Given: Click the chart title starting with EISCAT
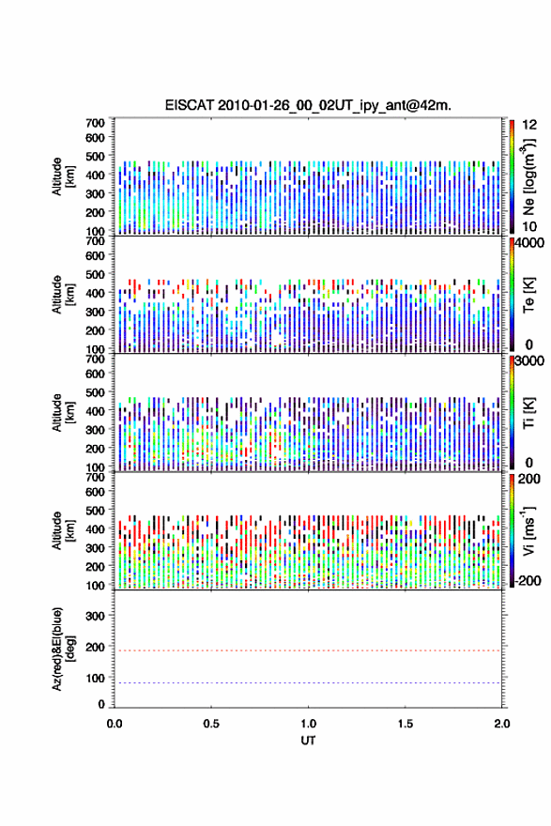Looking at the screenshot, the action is pyautogui.click(x=308, y=105).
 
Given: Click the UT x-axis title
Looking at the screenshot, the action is pyautogui.click(x=308, y=741).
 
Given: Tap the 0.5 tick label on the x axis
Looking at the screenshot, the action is pyautogui.click(x=211, y=724).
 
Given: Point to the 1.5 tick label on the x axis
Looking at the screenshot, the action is pyautogui.click(x=406, y=724).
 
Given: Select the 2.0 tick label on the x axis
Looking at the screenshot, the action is pyautogui.click(x=501, y=724).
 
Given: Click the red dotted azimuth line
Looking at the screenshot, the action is pyautogui.click(x=308, y=650).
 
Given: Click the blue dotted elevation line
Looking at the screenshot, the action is pyautogui.click(x=308, y=682).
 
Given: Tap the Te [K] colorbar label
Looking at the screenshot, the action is pyautogui.click(x=528, y=295).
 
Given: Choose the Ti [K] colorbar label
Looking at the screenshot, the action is pyautogui.click(x=528, y=412).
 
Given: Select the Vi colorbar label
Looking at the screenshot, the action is pyautogui.click(x=528, y=530).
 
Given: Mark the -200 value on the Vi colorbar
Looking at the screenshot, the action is pyautogui.click(x=528, y=580).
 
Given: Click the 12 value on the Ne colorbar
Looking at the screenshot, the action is pyautogui.click(x=529, y=125).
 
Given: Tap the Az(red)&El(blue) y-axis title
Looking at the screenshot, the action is pyautogui.click(x=63, y=649).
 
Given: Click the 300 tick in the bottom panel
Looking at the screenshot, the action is pyautogui.click(x=95, y=616).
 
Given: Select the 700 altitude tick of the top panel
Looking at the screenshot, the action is pyautogui.click(x=95, y=123).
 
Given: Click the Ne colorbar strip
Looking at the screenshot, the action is pyautogui.click(x=512, y=176).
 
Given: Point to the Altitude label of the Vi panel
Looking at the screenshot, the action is pyautogui.click(x=63, y=530).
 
